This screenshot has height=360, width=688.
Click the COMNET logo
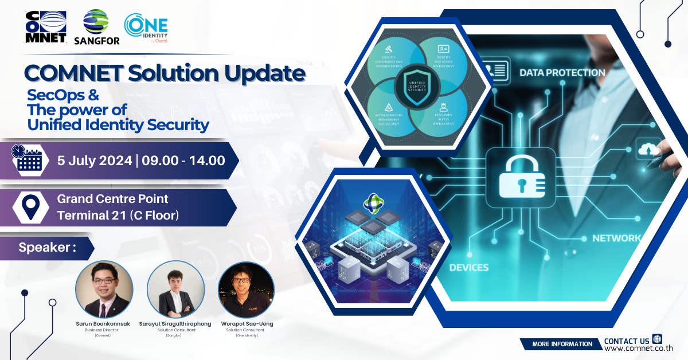(45, 27)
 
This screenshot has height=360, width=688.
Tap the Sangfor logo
(96, 27)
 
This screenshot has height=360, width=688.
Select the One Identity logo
(146, 27)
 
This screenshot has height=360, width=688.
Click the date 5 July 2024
(94, 161)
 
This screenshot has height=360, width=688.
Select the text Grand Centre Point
(113, 199)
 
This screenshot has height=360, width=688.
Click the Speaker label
(48, 248)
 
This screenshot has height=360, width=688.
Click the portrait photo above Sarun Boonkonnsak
(104, 289)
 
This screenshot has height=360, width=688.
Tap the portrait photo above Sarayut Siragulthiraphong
(175, 289)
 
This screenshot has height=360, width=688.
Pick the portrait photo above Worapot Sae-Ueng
(247, 289)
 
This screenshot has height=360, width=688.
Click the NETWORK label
(616, 238)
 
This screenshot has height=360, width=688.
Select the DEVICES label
(469, 267)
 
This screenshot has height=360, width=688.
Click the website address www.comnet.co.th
(639, 348)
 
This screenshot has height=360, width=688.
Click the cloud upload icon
(648, 149)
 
